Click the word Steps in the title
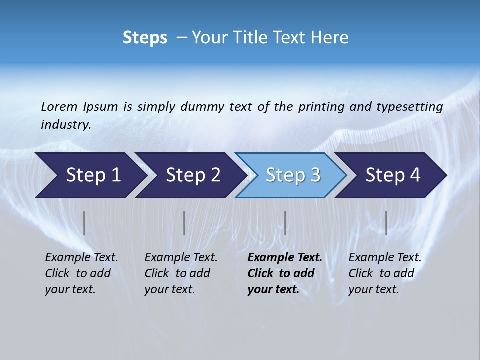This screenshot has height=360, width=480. pos(145,38)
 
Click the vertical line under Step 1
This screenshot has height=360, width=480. pos(84,223)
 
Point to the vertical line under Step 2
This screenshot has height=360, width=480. pos(184,223)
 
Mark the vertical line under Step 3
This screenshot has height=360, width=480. pos(285,223)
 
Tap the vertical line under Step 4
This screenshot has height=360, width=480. pos(386,223)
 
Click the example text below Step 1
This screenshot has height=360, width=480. pos(81,273)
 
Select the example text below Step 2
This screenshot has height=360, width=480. pos(181,273)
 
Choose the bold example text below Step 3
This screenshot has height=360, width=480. pos(284,273)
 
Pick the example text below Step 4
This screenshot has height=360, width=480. pos(385,273)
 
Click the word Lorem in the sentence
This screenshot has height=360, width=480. pos(59,107)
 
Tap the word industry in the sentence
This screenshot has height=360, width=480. pos(66,125)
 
